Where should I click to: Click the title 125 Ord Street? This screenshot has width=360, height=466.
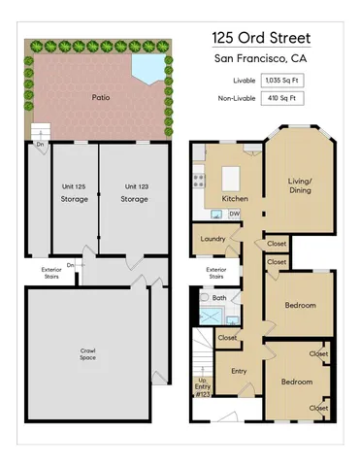click(x=261, y=39)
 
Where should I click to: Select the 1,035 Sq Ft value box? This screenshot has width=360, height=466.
click(x=281, y=81)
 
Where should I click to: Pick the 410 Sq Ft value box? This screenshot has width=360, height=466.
click(x=281, y=98)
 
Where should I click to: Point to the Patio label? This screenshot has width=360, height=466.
click(x=100, y=98)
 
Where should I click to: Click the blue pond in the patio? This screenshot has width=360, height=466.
click(x=148, y=67)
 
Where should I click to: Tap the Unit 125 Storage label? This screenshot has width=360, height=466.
click(x=74, y=192)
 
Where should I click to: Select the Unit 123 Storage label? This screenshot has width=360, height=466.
click(x=134, y=192)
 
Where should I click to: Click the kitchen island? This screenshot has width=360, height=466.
click(x=231, y=178)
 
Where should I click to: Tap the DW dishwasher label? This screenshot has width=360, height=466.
click(x=236, y=214)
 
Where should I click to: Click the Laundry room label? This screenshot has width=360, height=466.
click(x=213, y=239)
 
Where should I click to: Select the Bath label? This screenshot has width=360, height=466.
click(x=219, y=298)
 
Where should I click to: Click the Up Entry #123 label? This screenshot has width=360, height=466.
click(x=202, y=386)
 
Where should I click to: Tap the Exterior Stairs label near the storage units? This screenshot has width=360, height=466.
click(x=51, y=273)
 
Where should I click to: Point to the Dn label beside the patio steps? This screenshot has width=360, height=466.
click(x=41, y=145)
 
